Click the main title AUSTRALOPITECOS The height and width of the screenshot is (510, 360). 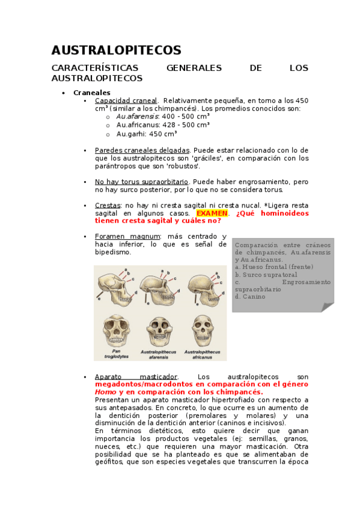(x=116, y=50)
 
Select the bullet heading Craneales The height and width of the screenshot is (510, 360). (x=91, y=93)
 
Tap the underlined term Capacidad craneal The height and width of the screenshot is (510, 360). (x=126, y=100)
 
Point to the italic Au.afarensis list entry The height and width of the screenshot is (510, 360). (x=138, y=116)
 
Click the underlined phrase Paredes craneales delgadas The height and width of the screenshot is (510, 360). (x=142, y=150)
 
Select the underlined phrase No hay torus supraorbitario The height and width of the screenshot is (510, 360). (x=141, y=181)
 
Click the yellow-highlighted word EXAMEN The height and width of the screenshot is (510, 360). (x=212, y=213)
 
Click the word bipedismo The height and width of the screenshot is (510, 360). (x=112, y=252)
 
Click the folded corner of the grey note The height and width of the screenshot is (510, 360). (x=326, y=307)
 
